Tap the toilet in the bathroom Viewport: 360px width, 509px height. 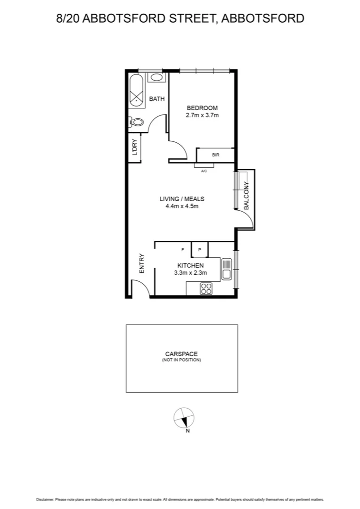(136, 123)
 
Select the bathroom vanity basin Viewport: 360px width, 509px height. (157, 78)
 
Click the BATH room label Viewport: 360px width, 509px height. (157, 99)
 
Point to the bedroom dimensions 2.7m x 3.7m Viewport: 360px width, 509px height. (202, 115)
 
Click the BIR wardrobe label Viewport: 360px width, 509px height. (215, 155)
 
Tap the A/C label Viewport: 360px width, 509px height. (204, 171)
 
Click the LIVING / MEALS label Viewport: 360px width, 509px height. (181, 199)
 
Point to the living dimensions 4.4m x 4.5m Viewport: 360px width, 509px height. (181, 206)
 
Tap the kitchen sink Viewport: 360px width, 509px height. (227, 269)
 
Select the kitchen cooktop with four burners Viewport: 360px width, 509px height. (206, 288)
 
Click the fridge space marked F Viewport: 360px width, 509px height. (182, 249)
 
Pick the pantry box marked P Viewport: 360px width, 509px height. (199, 249)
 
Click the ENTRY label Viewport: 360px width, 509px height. (141, 264)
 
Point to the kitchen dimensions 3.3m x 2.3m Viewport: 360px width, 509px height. (190, 272)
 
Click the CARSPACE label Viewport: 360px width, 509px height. (181, 353)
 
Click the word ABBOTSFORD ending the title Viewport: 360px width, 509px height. (262, 18)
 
